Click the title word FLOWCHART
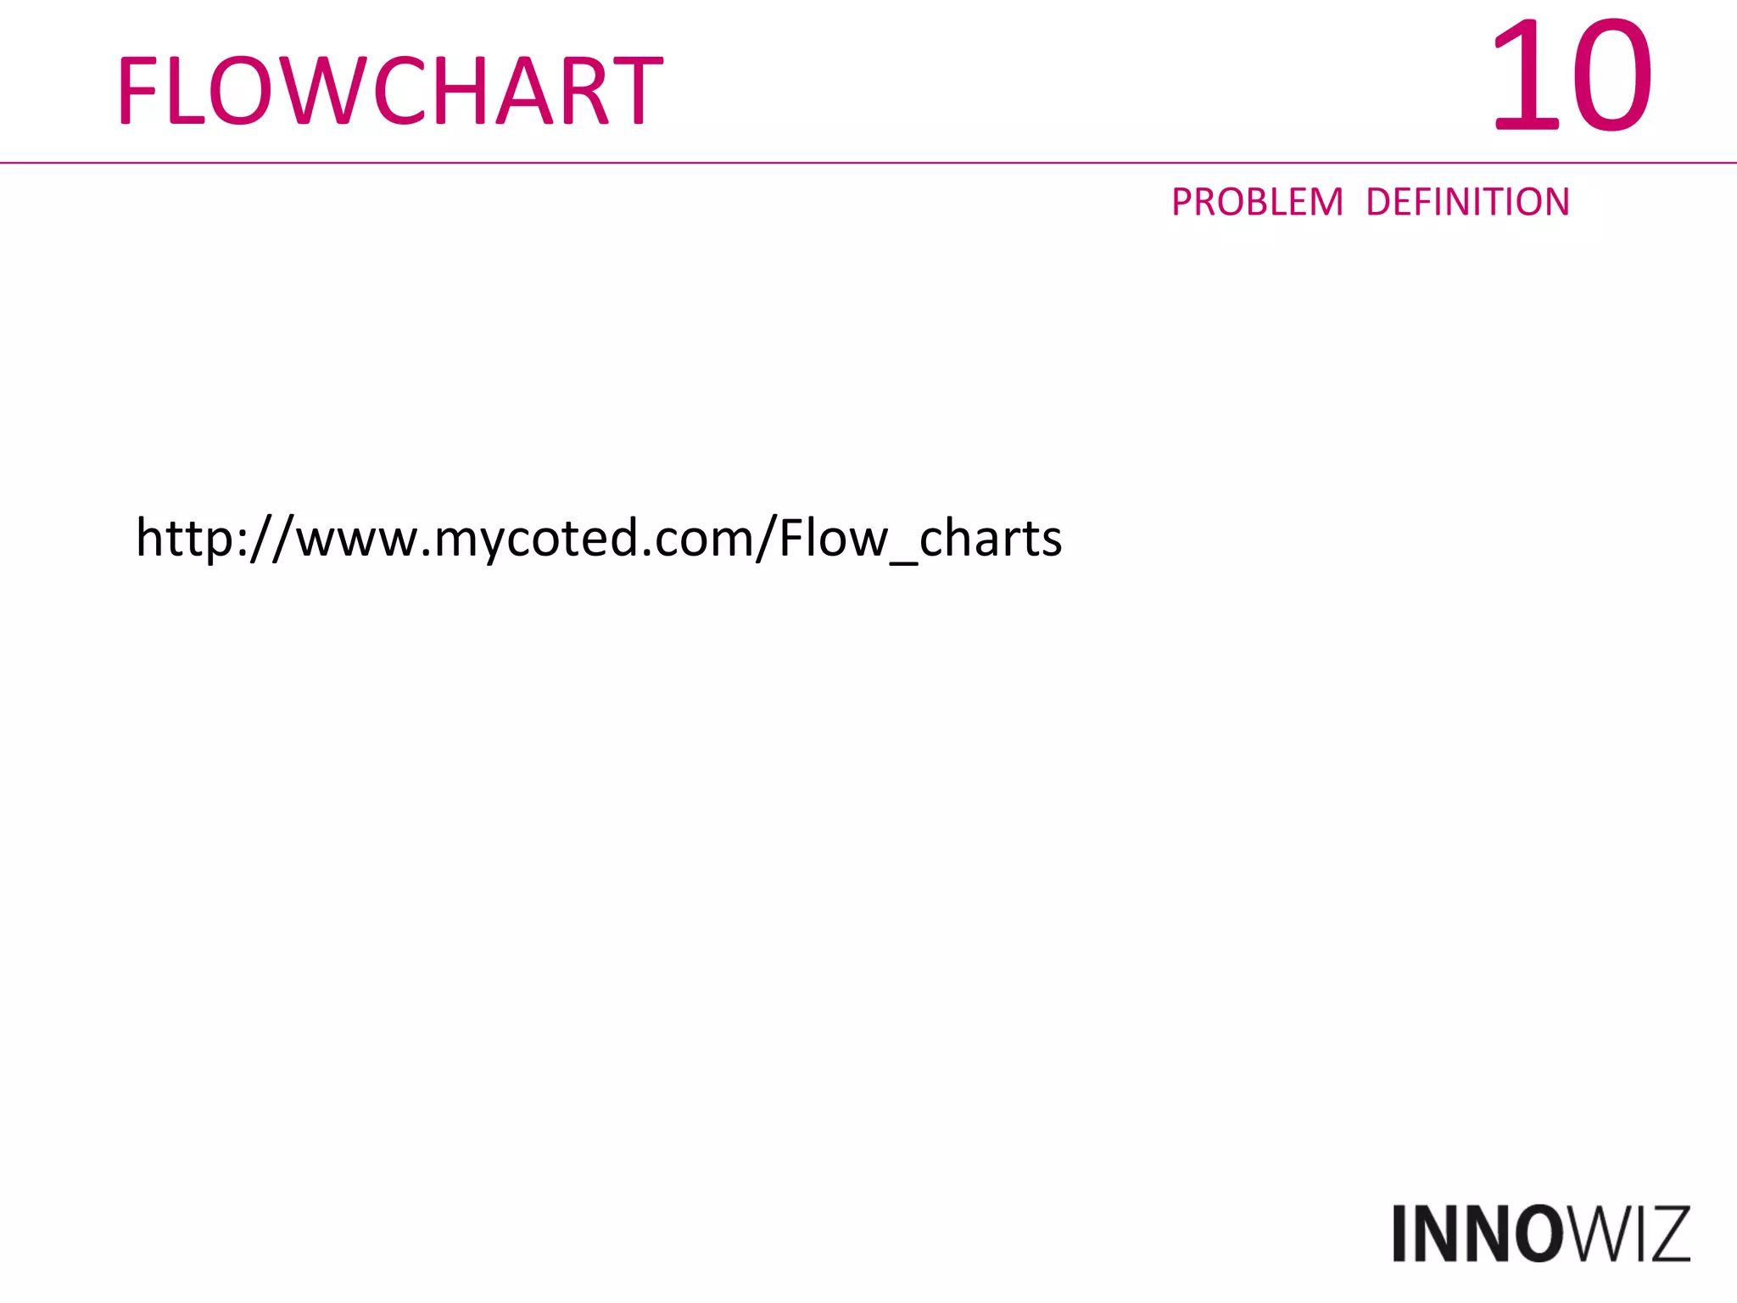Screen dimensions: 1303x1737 389,91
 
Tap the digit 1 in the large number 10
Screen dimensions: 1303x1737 1522,76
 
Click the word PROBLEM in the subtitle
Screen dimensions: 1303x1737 1257,203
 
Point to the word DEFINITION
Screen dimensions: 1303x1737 1467,203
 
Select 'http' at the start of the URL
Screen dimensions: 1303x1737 183,538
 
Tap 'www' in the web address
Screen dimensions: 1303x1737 356,540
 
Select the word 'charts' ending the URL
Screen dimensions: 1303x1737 991,538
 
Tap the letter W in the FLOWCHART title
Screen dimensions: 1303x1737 317,91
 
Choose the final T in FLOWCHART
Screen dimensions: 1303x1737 636,91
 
